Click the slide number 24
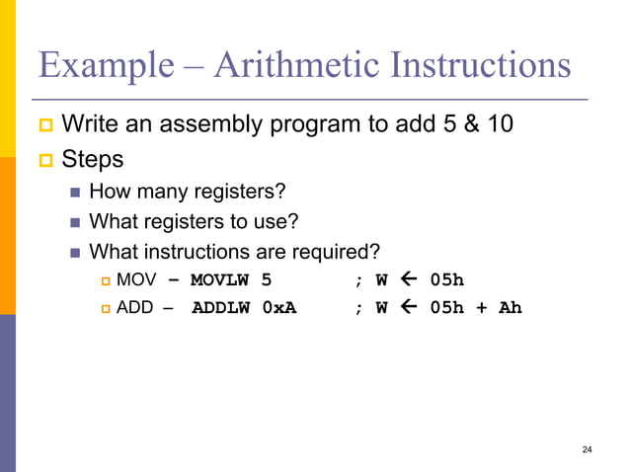click(588, 450)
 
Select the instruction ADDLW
click(221, 308)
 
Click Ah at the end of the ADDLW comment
click(510, 308)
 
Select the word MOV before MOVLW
click(135, 279)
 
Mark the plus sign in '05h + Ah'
click(481, 308)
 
